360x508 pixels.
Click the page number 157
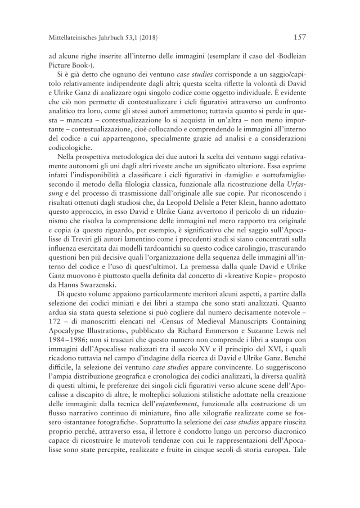[299, 37]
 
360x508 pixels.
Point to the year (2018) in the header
[148, 37]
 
